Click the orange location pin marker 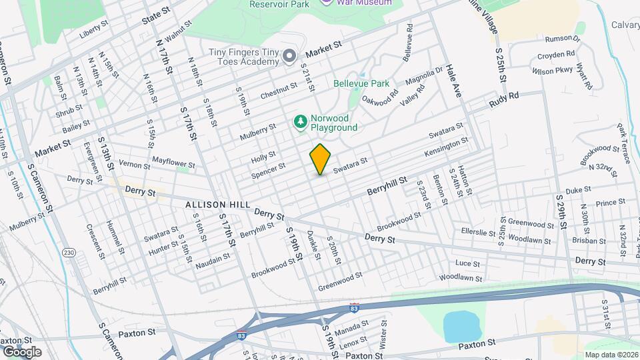321,159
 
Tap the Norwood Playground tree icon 301,121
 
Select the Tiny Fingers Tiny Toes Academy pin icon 289,55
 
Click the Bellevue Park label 361,84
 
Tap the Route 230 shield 69,253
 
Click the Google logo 22,351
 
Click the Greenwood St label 340,281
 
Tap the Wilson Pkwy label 553,69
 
